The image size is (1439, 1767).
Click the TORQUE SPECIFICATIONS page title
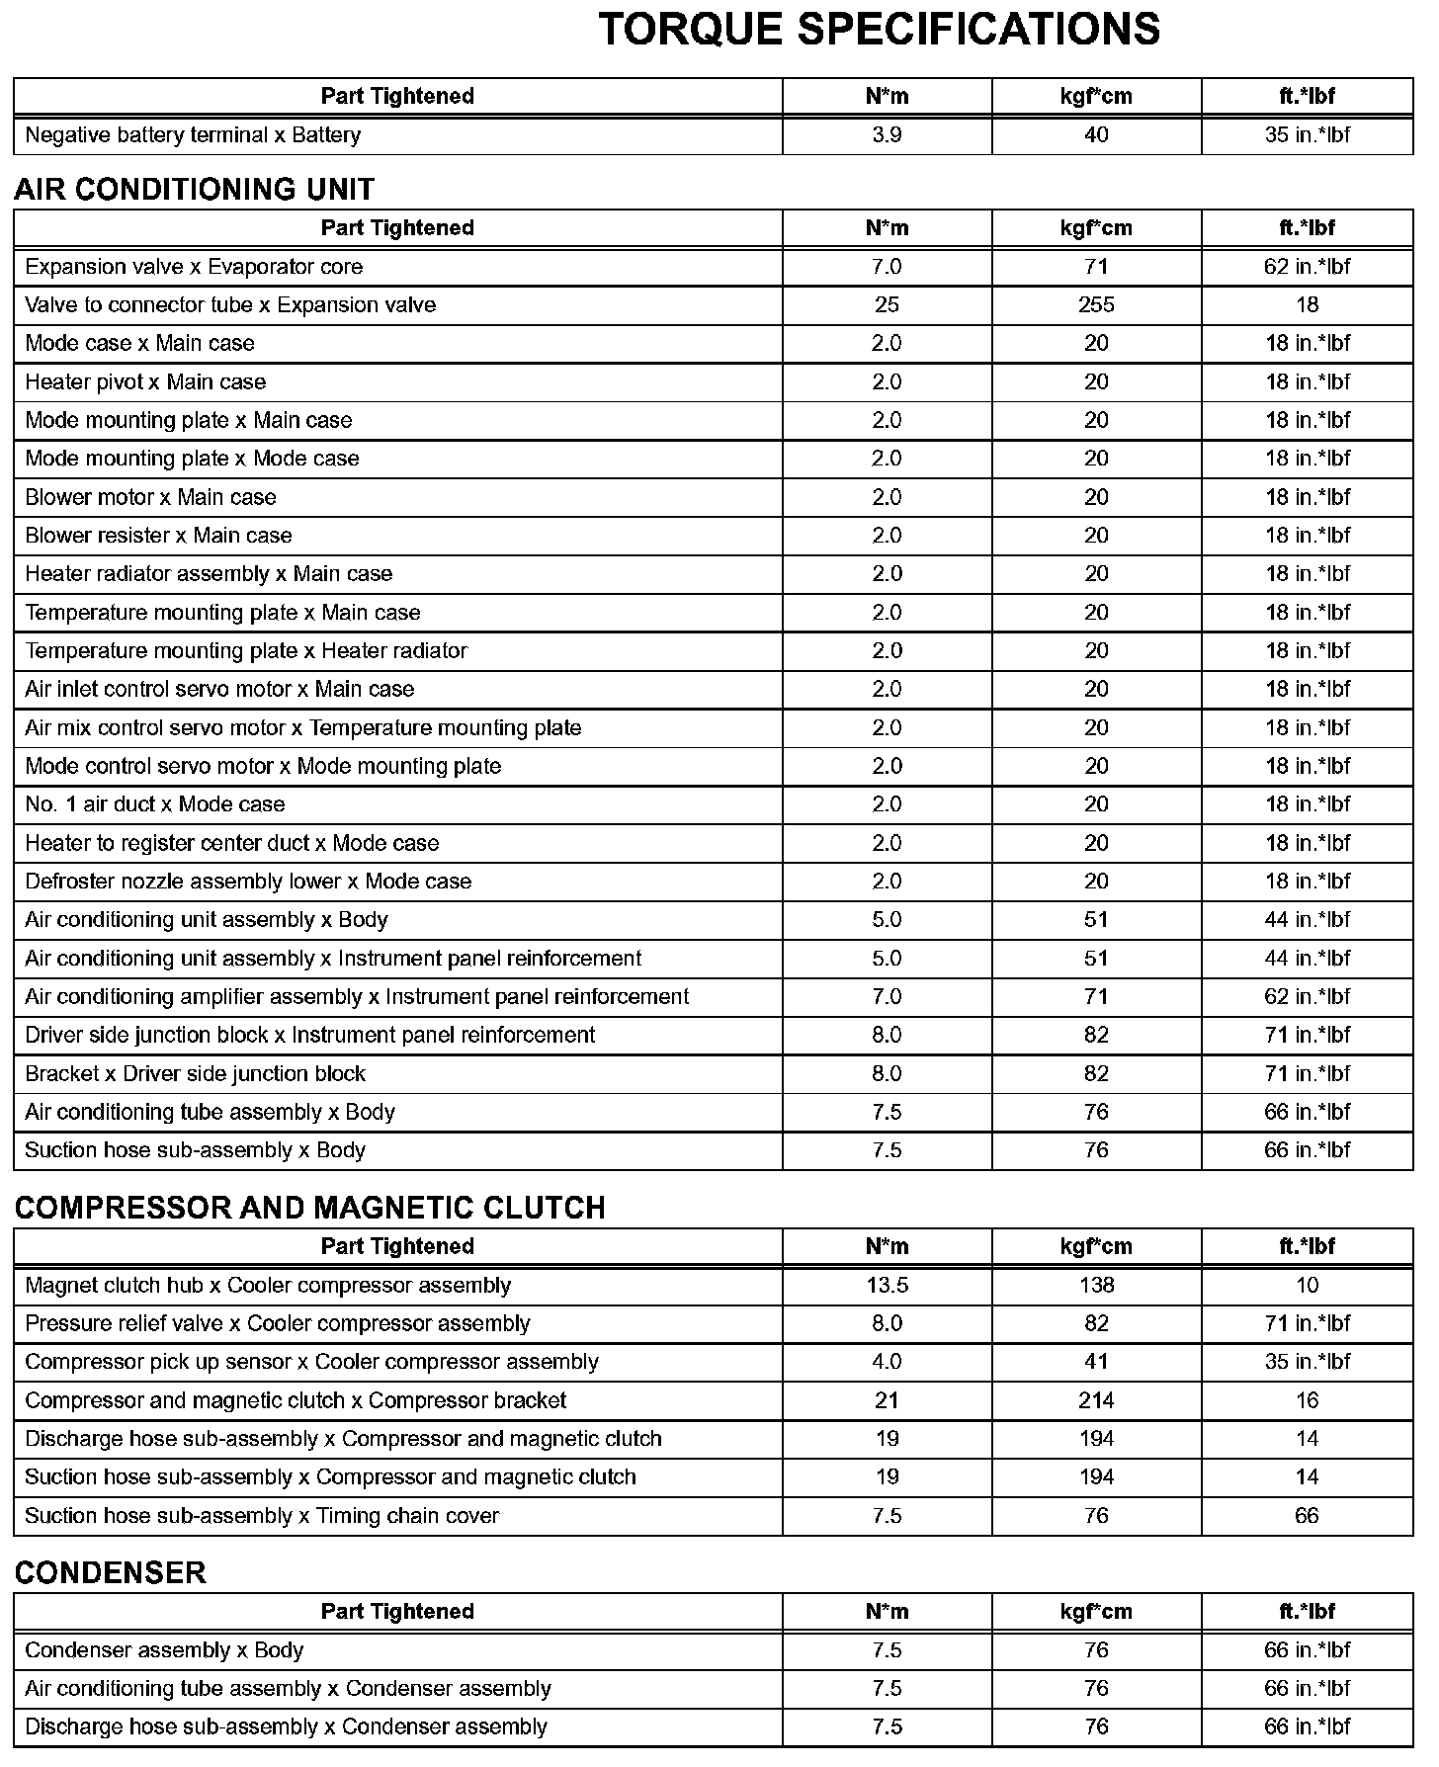point(879,30)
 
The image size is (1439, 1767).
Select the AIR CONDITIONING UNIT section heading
point(195,189)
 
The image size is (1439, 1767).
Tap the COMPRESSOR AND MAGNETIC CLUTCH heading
point(309,1208)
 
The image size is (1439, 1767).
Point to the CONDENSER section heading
point(110,1572)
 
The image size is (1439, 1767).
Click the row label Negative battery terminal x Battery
point(193,135)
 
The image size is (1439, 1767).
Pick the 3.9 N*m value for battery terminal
point(887,135)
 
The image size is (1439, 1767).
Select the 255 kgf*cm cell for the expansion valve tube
point(1096,305)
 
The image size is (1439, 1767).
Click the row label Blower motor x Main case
point(150,497)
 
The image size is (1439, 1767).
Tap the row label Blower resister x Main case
point(158,536)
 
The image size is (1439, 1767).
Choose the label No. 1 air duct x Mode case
point(154,804)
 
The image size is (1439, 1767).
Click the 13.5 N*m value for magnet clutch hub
point(887,1285)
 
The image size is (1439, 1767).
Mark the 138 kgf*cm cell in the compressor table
point(1096,1285)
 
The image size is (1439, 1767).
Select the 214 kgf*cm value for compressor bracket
point(1096,1400)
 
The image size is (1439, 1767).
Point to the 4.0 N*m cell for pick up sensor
point(887,1362)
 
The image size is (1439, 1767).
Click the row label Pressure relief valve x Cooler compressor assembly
point(277,1323)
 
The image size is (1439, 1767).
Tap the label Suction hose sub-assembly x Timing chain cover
point(262,1516)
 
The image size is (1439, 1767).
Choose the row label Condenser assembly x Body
point(164,1650)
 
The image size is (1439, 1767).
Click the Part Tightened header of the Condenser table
point(397,1612)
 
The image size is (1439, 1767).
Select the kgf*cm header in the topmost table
point(1096,96)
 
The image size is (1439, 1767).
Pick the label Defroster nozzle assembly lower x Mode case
point(248,882)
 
